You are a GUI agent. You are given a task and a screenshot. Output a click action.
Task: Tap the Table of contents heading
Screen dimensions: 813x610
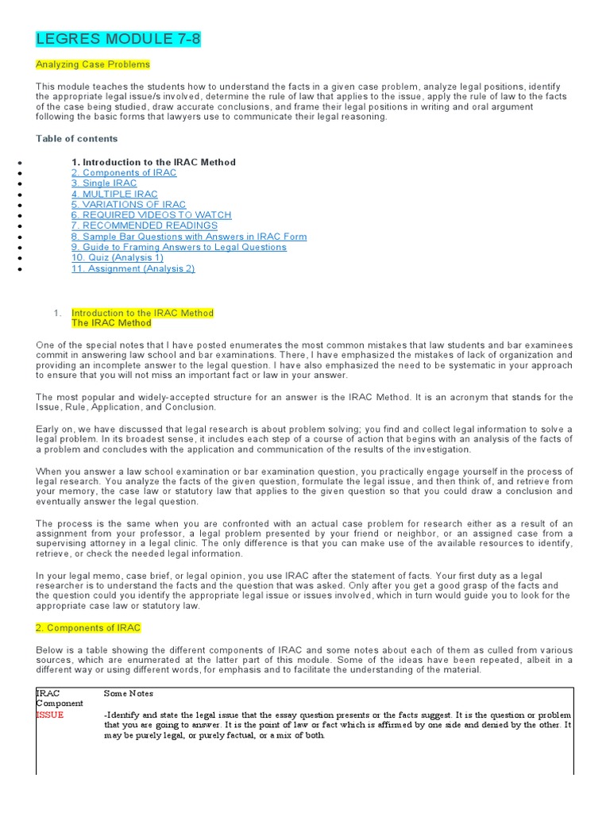pyautogui.click(x=76, y=138)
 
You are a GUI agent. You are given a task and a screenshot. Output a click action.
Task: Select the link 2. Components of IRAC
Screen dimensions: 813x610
pyautogui.click(x=124, y=172)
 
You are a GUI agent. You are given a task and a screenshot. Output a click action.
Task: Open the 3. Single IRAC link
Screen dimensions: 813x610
pyautogui.click(x=103, y=183)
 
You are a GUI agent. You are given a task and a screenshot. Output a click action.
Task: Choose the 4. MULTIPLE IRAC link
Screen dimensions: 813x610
pyautogui.click(x=114, y=194)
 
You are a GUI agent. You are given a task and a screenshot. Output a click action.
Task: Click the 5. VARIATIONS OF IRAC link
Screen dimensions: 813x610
pyautogui.click(x=129, y=205)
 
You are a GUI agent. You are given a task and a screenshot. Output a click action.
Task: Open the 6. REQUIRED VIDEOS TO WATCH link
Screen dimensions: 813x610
pyautogui.click(x=151, y=215)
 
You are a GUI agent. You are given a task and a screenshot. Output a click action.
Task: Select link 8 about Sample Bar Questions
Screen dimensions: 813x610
pyautogui.click(x=188, y=237)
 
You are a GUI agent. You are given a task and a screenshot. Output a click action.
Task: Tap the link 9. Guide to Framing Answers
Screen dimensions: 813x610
pyautogui.click(x=179, y=247)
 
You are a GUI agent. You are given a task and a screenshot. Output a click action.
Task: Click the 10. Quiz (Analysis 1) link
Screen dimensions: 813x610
pyautogui.click(x=118, y=257)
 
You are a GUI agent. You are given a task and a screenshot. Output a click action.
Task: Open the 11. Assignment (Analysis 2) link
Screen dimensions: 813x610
pyautogui.click(x=133, y=268)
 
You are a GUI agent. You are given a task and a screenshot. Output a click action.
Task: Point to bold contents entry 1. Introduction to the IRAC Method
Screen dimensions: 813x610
pyautogui.click(x=153, y=162)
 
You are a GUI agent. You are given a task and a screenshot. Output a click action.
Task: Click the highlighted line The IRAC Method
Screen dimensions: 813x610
pyautogui.click(x=111, y=323)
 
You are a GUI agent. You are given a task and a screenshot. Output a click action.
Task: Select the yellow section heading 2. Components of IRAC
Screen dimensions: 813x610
pyautogui.click(x=88, y=628)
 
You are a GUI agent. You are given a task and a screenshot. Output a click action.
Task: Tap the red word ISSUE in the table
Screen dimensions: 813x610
pyautogui.click(x=50, y=715)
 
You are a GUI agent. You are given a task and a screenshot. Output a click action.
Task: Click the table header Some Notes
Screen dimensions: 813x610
pyautogui.click(x=129, y=693)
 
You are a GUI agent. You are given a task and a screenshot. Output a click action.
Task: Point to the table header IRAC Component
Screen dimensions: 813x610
pyautogui.click(x=60, y=699)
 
